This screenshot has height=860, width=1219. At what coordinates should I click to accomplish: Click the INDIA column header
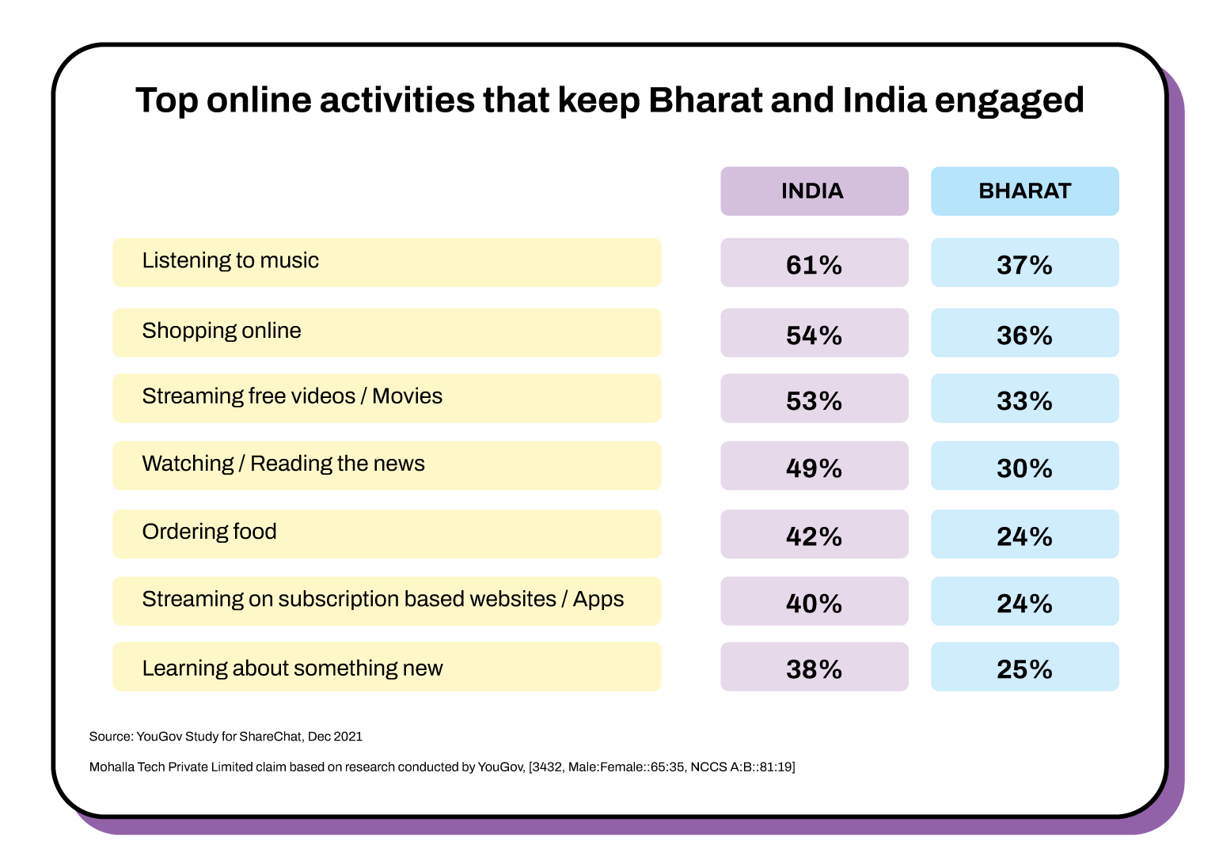tap(813, 191)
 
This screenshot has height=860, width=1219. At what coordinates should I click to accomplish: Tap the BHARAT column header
tap(1024, 191)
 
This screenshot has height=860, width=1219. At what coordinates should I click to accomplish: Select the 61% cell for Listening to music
tap(814, 264)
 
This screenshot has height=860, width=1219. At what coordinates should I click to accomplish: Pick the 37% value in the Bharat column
tap(1024, 264)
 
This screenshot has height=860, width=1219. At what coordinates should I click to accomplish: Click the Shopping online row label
tap(222, 331)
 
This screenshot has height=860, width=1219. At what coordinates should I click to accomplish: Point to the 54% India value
tap(814, 335)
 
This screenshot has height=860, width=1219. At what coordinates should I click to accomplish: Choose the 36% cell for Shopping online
tap(1024, 335)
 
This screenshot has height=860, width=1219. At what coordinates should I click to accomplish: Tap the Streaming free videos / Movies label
tap(292, 396)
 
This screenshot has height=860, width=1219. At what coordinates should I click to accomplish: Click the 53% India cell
tap(814, 400)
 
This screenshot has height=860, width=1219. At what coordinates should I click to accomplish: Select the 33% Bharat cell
tap(1024, 400)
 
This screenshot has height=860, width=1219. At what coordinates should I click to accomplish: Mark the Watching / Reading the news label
tap(283, 464)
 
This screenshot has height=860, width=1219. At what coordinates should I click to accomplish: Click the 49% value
tap(814, 468)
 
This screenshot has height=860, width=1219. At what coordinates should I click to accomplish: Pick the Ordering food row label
tap(210, 532)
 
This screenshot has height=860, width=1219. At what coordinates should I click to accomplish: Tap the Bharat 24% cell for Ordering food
tap(1024, 536)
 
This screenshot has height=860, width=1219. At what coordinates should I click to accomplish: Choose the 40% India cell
tap(814, 603)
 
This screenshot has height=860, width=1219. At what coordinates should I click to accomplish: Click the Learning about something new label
tap(292, 669)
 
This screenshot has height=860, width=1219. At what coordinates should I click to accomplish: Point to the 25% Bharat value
tap(1024, 669)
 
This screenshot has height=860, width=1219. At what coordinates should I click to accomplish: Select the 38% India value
tap(814, 669)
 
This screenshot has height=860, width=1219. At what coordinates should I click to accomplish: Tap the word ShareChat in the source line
tap(271, 737)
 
